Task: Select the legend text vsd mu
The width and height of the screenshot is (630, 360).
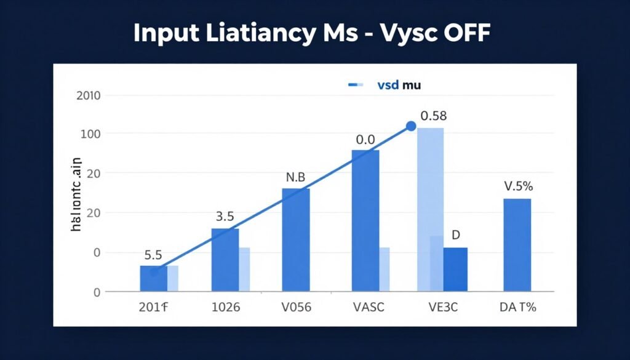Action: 399,85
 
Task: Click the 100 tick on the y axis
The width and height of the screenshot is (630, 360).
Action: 90,134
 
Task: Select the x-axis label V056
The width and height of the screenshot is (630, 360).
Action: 295,308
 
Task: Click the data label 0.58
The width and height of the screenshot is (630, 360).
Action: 433,116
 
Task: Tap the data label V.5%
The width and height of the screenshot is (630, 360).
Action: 517,186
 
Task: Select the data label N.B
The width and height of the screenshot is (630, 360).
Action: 296,177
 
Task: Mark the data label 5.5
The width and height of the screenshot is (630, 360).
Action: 153,254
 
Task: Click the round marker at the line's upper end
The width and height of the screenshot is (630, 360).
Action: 411,126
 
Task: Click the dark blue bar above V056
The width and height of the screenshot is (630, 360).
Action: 296,239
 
